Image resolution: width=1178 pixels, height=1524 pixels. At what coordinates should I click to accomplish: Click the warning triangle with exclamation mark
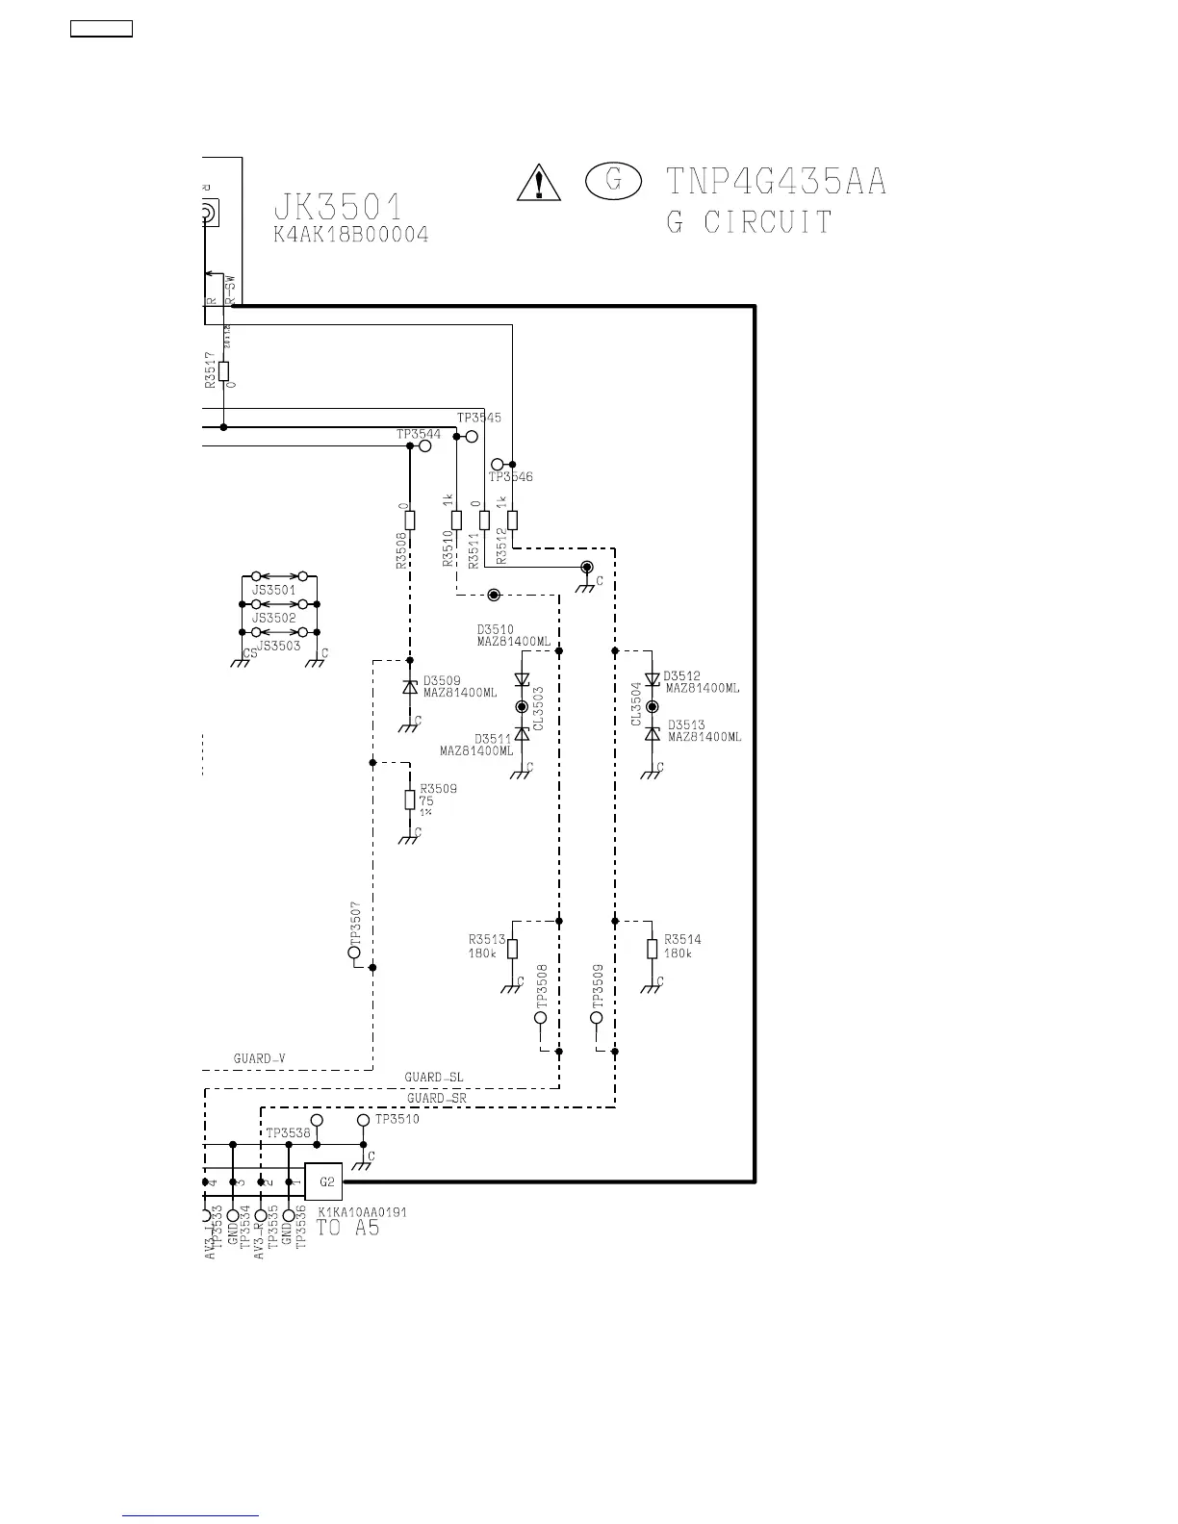coord(539,182)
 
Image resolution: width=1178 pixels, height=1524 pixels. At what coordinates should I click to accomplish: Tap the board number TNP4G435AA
coord(776,181)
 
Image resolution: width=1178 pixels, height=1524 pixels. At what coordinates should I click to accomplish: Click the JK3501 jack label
coord(338,207)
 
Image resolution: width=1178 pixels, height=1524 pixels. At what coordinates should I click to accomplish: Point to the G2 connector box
coord(323,1181)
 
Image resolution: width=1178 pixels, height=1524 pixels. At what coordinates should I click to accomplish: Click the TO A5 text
coord(348,1228)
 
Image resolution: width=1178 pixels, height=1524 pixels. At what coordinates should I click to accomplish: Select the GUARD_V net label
coord(259,1058)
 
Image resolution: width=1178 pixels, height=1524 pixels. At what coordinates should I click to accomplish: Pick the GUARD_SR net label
coord(436,1098)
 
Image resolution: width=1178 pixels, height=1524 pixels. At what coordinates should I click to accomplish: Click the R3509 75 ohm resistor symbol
coord(410,800)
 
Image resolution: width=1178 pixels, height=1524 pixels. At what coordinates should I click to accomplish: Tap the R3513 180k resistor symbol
coord(512,950)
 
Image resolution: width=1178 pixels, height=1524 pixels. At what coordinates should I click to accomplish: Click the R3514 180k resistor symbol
coord(652,950)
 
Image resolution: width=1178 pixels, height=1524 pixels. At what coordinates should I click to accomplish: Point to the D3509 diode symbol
coord(410,687)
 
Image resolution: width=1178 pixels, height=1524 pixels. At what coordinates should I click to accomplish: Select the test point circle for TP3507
coord(354,952)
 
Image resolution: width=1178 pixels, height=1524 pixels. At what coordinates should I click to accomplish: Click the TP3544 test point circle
coord(424,446)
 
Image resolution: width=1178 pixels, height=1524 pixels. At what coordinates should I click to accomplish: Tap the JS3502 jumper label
coord(274,618)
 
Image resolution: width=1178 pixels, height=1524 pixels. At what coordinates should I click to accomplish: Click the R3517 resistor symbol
coord(223,371)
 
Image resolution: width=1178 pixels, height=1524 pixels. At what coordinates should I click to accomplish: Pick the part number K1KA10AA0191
coord(362,1212)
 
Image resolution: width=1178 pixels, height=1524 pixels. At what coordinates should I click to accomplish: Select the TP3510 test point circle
coord(363,1121)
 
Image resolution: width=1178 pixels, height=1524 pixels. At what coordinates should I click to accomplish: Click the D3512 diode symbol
coord(652,680)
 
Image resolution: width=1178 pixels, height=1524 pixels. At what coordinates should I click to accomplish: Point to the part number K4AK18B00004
coord(351,235)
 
